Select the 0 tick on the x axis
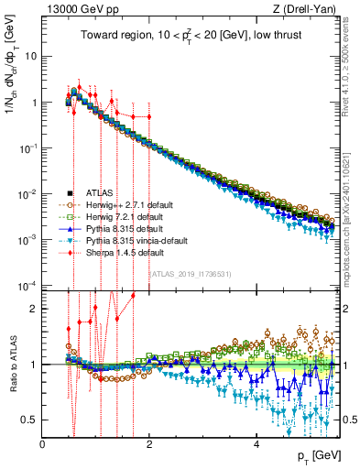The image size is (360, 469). tap(43, 442)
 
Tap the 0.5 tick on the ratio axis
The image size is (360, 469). tap(31, 420)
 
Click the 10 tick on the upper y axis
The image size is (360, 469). tap(29, 56)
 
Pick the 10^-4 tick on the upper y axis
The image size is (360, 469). tap(27, 286)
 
